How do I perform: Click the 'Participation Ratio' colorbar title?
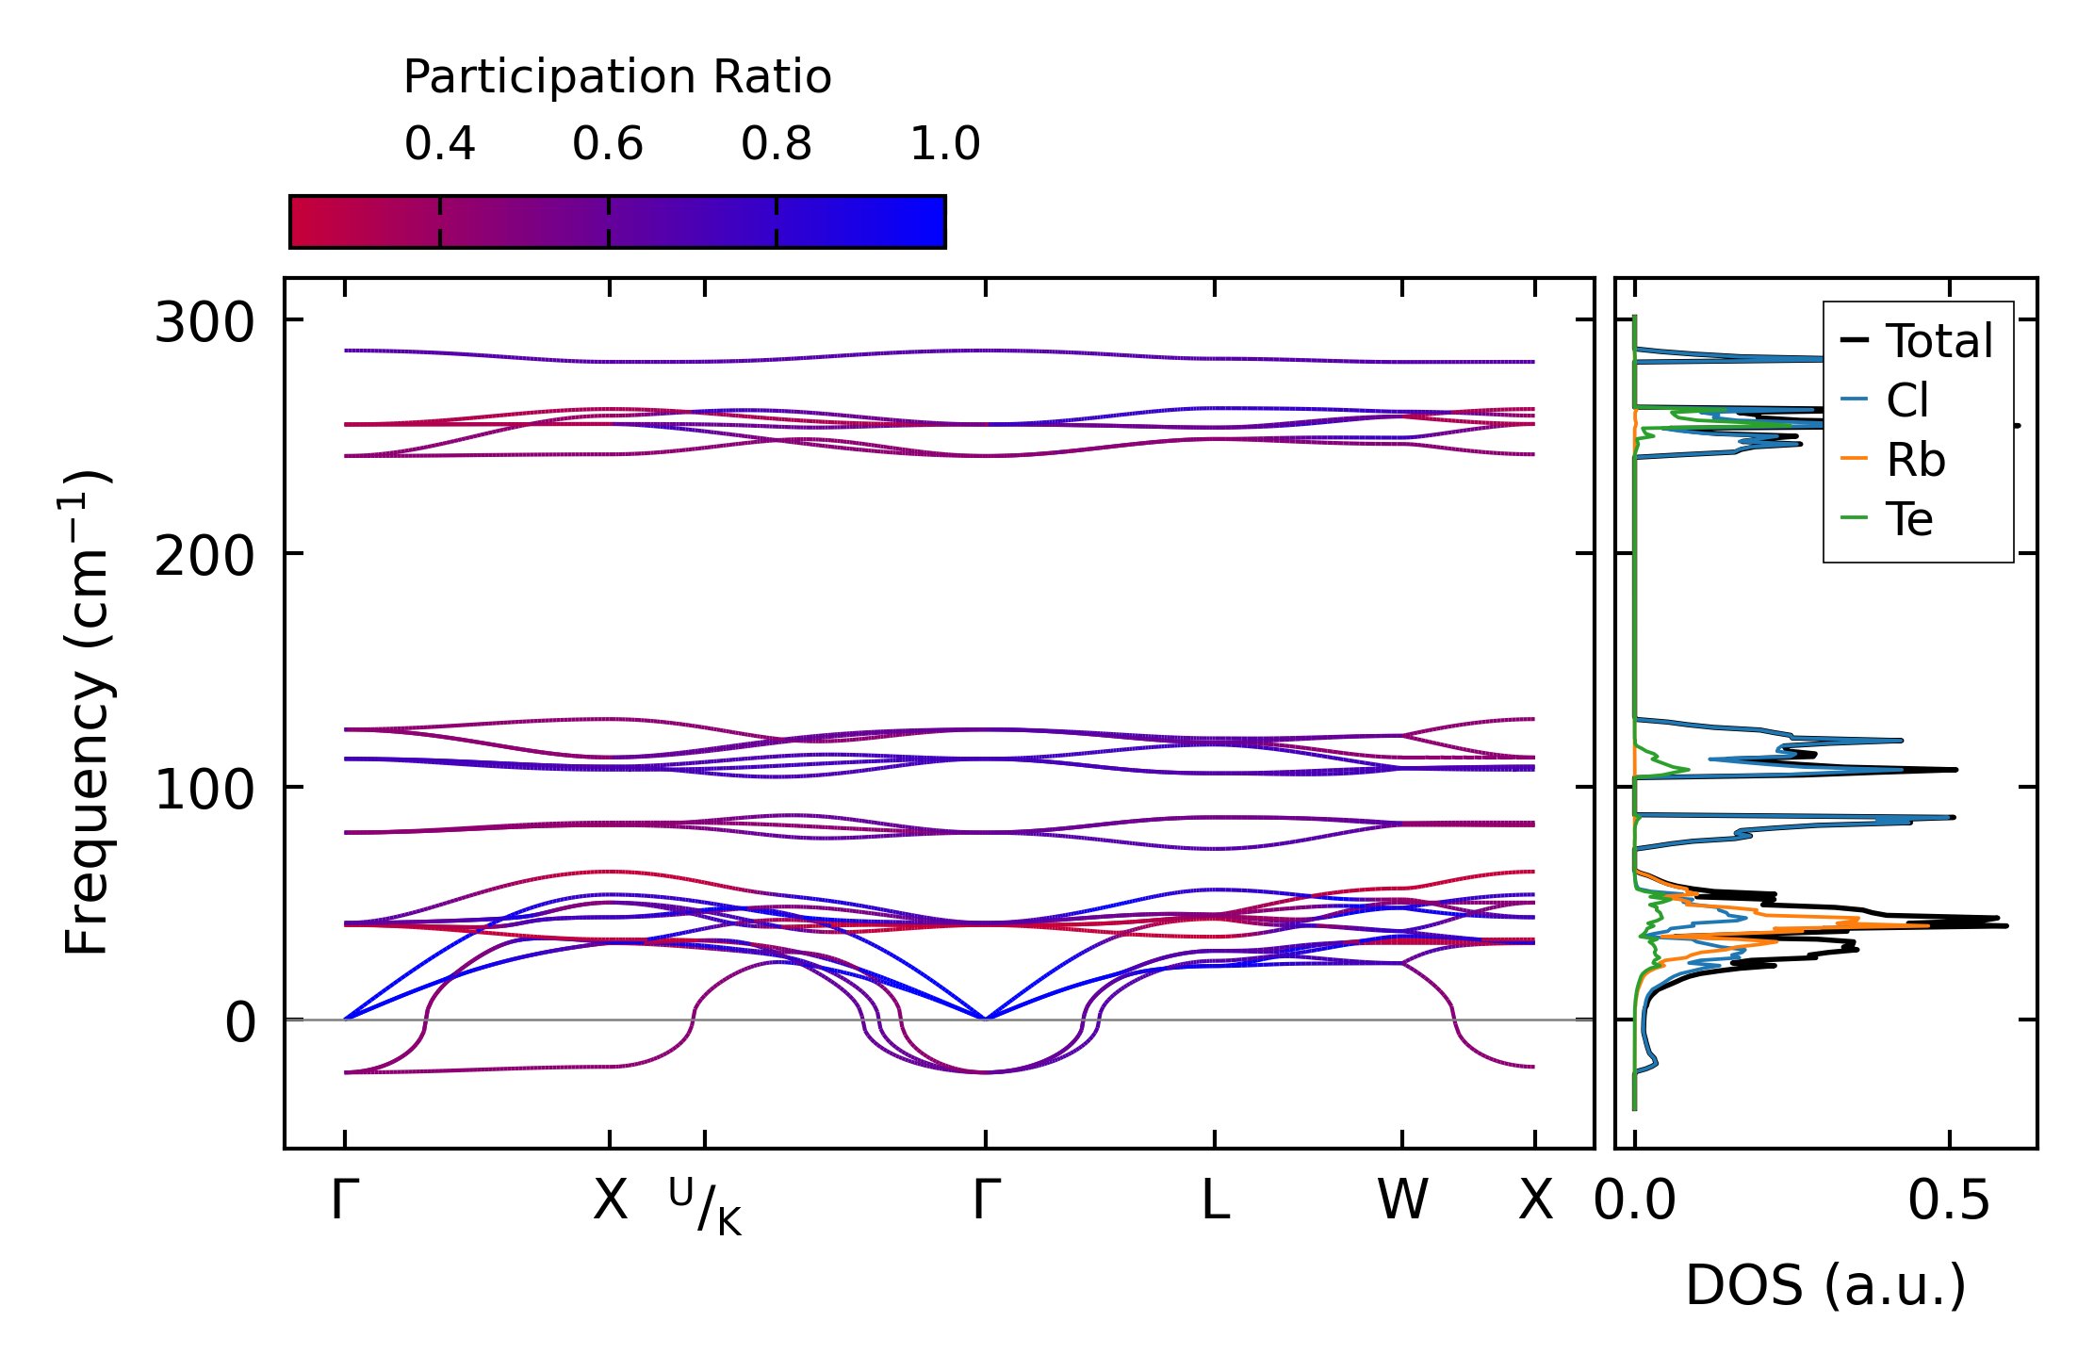(617, 77)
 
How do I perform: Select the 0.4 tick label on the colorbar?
(440, 144)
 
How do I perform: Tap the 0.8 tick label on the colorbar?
(777, 144)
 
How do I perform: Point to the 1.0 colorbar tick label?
(945, 144)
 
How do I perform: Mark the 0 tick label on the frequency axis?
(240, 1022)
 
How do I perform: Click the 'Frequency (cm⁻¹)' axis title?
(87, 712)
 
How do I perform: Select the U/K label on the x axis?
(705, 1206)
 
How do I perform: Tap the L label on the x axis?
(1215, 1200)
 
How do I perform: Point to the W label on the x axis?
(1402, 1200)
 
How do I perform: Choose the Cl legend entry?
(1885, 400)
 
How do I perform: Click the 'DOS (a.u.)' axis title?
(1826, 1285)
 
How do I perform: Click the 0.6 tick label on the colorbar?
(608, 144)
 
